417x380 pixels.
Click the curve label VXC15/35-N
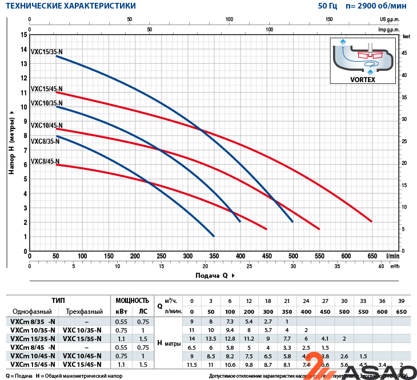(46, 52)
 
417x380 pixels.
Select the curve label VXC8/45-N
(46, 161)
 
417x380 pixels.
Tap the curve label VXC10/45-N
(46, 125)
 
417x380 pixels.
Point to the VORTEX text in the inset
(363, 80)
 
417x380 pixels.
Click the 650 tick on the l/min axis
(372, 257)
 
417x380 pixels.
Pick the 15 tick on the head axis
(24, 34)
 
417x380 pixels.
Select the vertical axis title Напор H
(11, 143)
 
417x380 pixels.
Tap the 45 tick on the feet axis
(404, 53)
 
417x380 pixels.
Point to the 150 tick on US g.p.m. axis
(330, 19)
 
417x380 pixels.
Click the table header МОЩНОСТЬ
(132, 300)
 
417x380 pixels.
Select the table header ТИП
(58, 300)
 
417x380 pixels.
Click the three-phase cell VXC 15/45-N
(83, 365)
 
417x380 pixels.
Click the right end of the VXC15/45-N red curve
(371, 221)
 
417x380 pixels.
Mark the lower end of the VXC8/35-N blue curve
(213, 236)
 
